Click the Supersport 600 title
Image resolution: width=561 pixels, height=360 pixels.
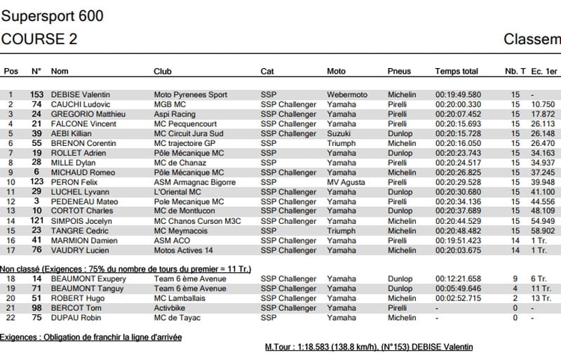click(x=53, y=15)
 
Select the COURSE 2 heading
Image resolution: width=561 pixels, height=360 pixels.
click(x=39, y=39)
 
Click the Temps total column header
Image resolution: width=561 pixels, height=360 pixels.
click(x=457, y=72)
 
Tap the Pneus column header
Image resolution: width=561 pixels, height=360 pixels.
click(x=399, y=72)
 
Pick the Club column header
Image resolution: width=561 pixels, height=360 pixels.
click(x=163, y=72)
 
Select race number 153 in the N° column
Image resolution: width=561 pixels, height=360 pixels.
click(x=36, y=95)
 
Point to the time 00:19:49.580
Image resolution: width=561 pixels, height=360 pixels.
click(x=458, y=95)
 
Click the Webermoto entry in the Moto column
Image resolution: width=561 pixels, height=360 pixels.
click(x=347, y=95)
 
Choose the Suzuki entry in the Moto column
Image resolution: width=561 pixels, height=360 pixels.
click(x=339, y=133)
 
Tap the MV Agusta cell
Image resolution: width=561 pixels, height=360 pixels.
click(x=346, y=182)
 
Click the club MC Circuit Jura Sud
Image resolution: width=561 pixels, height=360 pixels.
click(x=189, y=133)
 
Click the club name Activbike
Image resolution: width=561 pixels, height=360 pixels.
click(x=170, y=308)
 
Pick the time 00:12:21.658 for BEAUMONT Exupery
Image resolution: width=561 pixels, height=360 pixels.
click(x=458, y=279)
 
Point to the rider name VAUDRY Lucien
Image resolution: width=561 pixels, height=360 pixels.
click(x=78, y=250)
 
